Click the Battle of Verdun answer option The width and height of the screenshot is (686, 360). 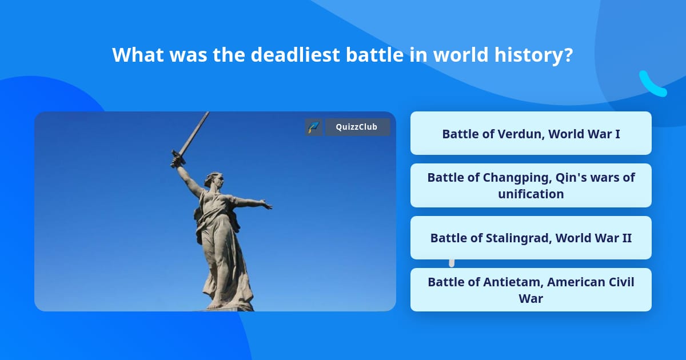[x=531, y=133]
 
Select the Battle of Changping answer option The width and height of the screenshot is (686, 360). [x=531, y=185]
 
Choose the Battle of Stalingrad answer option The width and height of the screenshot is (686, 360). [x=531, y=238]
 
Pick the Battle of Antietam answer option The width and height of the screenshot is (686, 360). [x=531, y=290]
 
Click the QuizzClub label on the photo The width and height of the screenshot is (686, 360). [x=357, y=127]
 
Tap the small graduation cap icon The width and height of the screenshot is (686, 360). [x=313, y=127]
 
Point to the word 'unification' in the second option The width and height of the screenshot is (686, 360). [x=531, y=194]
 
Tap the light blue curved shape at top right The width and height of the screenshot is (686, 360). [x=652, y=85]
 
